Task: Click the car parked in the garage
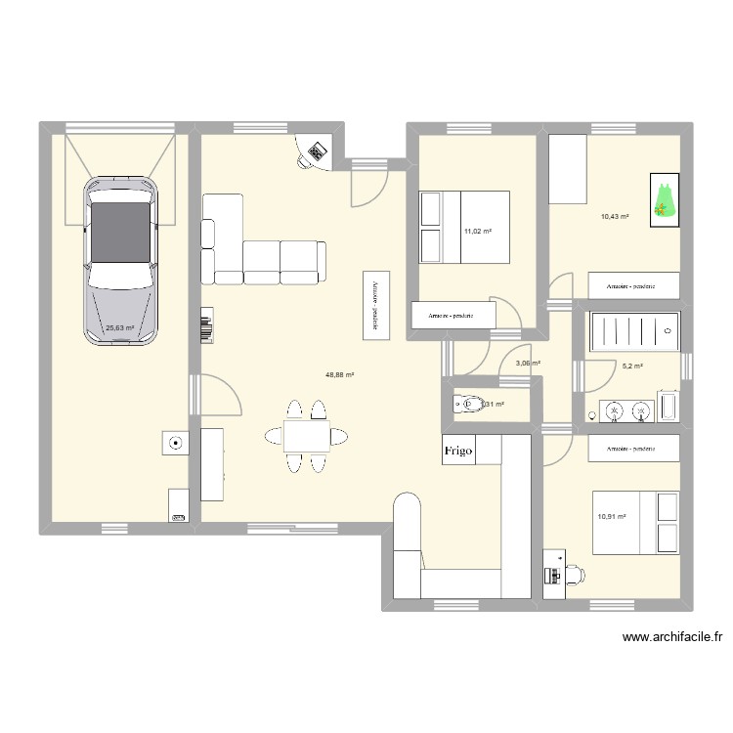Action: tap(121, 261)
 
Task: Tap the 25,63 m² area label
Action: tap(119, 329)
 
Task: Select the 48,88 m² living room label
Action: tap(340, 374)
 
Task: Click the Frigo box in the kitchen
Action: tap(458, 451)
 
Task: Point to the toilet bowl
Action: tap(469, 404)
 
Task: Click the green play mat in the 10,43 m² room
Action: tap(664, 201)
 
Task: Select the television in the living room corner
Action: tap(317, 151)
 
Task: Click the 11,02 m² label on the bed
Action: tap(477, 232)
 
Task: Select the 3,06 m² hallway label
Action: tap(528, 364)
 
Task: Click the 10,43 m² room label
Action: tap(614, 217)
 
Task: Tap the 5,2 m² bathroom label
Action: tap(632, 366)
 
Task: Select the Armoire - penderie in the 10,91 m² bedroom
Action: tap(633, 449)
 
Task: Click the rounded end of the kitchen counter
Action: tap(407, 507)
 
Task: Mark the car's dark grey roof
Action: tap(121, 232)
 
